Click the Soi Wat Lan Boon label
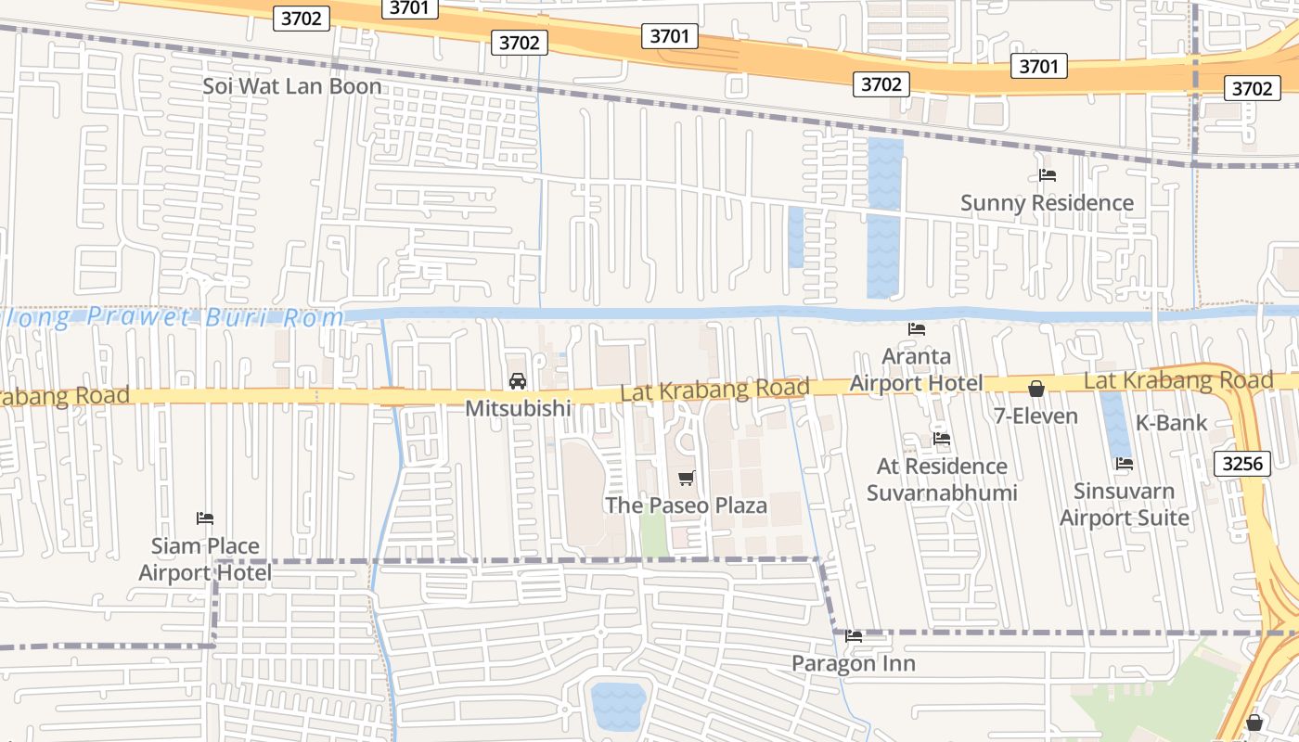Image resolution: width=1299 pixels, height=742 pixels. (292, 86)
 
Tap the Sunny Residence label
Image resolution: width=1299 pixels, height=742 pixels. (1047, 202)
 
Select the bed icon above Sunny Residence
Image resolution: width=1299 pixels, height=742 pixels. (1048, 174)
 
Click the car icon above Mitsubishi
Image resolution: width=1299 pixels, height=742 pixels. (518, 381)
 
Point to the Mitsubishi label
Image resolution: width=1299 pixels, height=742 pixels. (518, 408)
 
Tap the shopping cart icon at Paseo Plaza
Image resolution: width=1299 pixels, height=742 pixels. (686, 479)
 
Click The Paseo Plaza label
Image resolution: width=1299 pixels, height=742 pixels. (686, 505)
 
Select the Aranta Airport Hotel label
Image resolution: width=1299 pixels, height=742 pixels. (916, 369)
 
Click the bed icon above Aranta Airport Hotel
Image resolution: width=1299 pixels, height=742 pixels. (917, 329)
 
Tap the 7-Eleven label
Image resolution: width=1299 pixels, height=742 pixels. (1035, 416)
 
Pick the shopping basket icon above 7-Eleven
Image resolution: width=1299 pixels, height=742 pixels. (1035, 389)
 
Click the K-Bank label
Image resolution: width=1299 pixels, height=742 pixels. (1171, 423)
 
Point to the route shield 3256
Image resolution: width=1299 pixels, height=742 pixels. (1241, 464)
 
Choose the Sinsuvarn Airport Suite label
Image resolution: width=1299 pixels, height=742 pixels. (1124, 504)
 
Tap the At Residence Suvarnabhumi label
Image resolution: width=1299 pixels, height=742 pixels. (942, 479)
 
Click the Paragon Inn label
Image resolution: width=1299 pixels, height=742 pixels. (853, 663)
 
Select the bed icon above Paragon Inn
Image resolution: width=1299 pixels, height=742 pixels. (854, 636)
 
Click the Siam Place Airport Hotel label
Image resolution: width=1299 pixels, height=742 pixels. (205, 559)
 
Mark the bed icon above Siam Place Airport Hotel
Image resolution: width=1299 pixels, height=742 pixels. (205, 518)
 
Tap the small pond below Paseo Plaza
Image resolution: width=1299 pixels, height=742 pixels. (618, 706)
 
